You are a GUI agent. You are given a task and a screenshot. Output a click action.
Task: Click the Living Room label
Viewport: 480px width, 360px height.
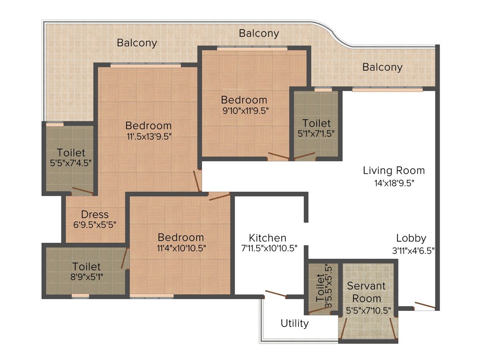pyautogui.click(x=394, y=170)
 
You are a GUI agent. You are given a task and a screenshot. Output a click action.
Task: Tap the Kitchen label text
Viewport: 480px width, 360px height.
pyautogui.click(x=267, y=238)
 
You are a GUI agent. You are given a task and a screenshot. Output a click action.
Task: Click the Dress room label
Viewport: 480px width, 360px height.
pyautogui.click(x=95, y=215)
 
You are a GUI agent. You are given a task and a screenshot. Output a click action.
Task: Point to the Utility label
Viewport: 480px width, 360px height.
pyautogui.click(x=294, y=323)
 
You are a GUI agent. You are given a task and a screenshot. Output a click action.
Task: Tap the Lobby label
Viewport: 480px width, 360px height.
pyautogui.click(x=411, y=238)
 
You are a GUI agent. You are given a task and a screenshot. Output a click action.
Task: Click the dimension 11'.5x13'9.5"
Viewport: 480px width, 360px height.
pyautogui.click(x=149, y=137)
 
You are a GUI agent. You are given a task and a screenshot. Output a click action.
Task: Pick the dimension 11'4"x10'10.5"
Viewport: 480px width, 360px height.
pyautogui.click(x=180, y=248)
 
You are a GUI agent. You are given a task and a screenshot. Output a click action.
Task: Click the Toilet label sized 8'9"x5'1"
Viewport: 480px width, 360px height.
pyautogui.click(x=86, y=267)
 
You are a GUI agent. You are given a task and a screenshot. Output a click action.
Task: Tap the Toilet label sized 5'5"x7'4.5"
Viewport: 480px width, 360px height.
pyautogui.click(x=71, y=153)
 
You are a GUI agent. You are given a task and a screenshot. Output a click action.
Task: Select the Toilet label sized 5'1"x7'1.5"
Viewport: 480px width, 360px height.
pyautogui.click(x=316, y=123)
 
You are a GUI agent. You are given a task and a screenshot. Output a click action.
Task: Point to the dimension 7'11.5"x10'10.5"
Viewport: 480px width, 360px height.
pyautogui.click(x=270, y=249)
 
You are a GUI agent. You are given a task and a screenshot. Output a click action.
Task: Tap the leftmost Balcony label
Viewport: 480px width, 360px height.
pyautogui.click(x=137, y=43)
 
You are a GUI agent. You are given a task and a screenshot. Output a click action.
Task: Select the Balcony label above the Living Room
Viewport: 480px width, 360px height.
pyautogui.click(x=382, y=67)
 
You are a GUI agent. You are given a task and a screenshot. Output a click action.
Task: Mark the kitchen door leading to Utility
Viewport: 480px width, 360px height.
pyautogui.click(x=275, y=294)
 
